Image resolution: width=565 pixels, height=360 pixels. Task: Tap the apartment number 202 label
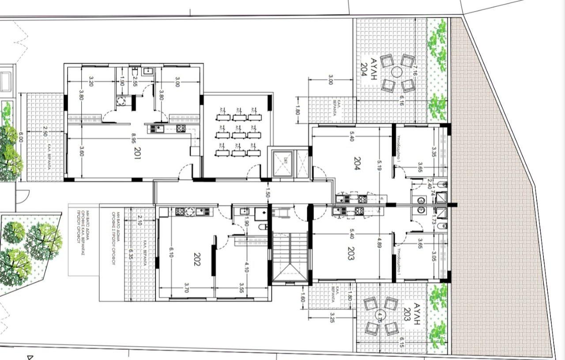tap(196, 261)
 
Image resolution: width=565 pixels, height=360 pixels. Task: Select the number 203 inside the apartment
tap(351, 254)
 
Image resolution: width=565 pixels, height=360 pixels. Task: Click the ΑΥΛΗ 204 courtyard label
tap(368, 67)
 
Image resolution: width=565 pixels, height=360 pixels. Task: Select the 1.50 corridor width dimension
tap(267, 192)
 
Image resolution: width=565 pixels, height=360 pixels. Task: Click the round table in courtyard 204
tap(397, 72)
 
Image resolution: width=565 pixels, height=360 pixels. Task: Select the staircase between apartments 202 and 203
tap(290, 256)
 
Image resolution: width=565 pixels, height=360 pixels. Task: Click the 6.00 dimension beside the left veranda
tap(20, 138)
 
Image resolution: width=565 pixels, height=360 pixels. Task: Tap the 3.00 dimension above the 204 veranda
tap(330, 79)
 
